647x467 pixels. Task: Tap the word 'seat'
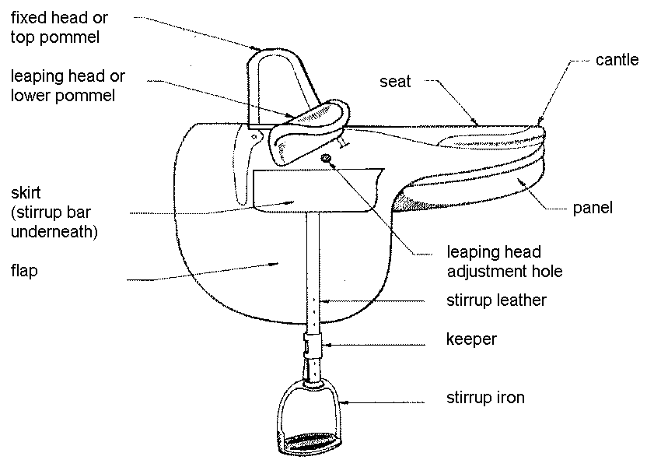point(396,80)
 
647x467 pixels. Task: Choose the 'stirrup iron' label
point(485,398)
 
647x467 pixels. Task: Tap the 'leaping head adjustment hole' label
point(504,262)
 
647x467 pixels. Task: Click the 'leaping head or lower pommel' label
point(68,86)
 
